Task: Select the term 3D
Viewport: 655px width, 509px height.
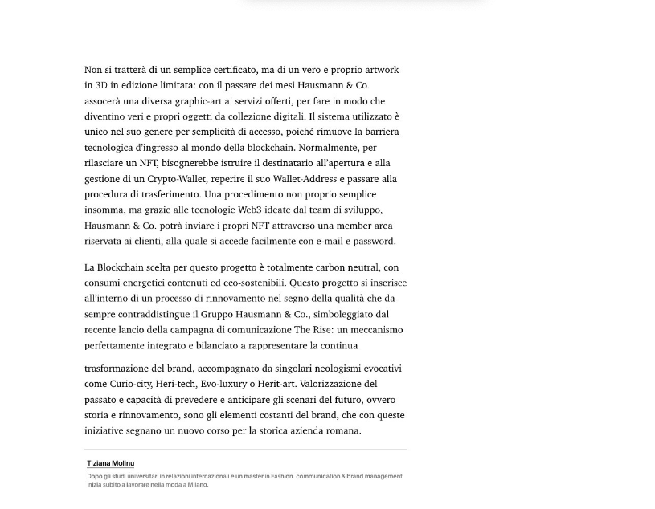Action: coord(101,85)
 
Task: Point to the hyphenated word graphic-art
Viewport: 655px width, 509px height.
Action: coord(202,101)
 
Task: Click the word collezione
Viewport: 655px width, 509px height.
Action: coord(244,116)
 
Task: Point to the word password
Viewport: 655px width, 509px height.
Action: coord(371,241)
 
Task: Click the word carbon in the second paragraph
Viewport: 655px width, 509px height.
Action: coord(331,267)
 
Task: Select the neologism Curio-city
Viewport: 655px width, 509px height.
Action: coord(130,384)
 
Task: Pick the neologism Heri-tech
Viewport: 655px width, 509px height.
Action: coord(175,384)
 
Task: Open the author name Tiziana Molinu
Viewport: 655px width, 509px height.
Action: coord(111,463)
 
